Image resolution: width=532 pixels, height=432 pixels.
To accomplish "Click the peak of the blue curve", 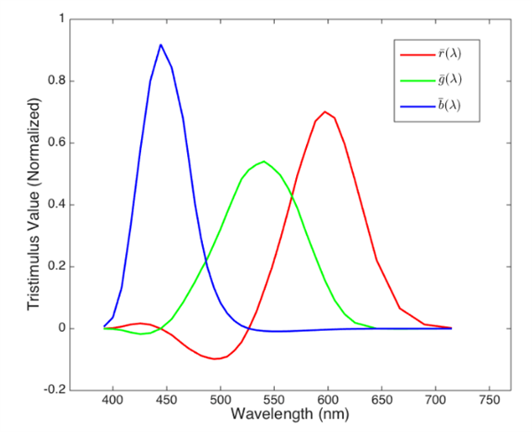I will (160, 44).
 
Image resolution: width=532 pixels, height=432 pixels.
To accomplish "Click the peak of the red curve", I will (325, 111).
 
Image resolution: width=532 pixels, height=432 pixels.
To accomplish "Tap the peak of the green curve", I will (264, 161).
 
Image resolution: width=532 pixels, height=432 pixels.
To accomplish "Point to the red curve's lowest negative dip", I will (215, 359).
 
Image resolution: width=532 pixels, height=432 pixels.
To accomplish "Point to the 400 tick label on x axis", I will (113, 401).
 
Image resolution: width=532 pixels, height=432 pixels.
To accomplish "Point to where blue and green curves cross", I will (207, 259).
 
